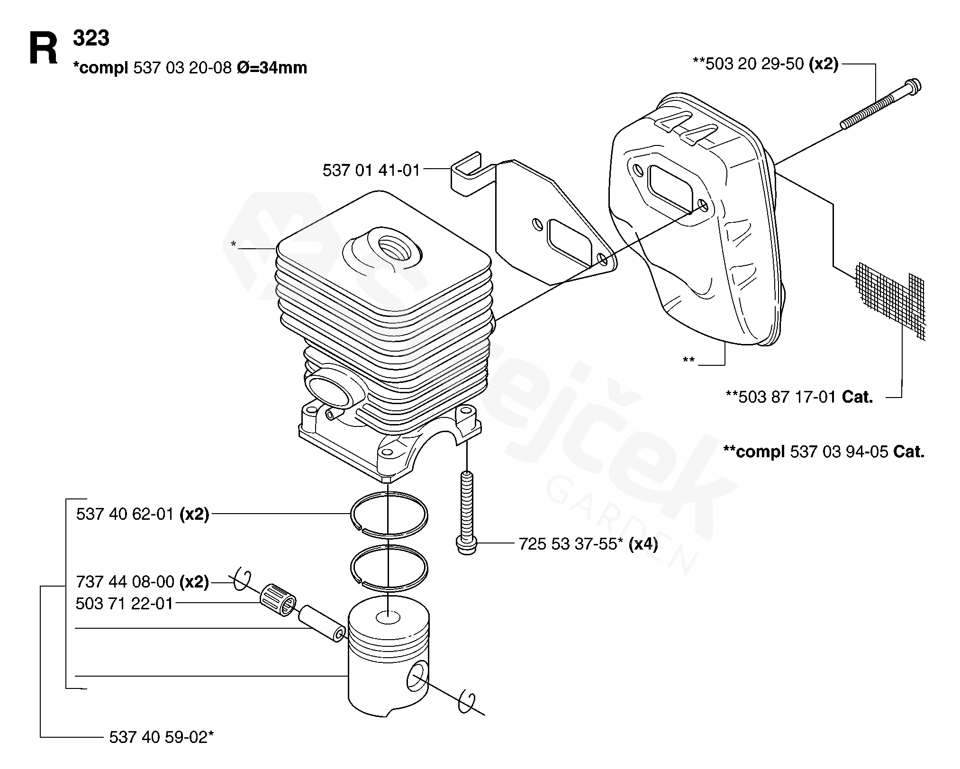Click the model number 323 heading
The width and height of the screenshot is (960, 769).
(x=91, y=38)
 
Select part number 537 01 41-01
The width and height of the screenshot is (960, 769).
(x=371, y=170)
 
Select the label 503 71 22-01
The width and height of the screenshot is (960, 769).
(x=124, y=604)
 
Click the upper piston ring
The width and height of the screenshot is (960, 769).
(x=389, y=514)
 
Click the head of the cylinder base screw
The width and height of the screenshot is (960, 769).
(x=467, y=545)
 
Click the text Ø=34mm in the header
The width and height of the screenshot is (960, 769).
(x=272, y=68)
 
